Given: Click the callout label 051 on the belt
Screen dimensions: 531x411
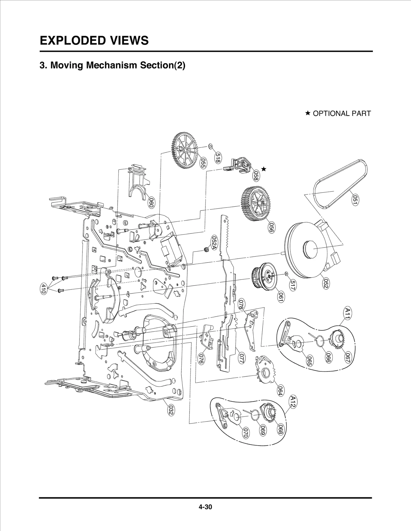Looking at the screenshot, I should point(355,200).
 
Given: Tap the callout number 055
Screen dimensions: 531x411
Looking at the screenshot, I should point(203,163).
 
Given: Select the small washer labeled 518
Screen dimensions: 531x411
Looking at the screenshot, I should point(210,146).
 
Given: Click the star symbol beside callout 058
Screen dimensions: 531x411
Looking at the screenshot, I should point(264,169).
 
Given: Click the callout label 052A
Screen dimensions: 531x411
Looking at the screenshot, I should point(214,243).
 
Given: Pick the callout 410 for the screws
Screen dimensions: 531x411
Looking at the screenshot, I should point(44,289).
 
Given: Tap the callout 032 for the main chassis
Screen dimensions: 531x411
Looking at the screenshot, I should point(171,410).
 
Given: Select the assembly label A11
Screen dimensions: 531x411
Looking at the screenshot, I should point(347,313).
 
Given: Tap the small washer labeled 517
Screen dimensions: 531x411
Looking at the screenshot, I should point(286,274).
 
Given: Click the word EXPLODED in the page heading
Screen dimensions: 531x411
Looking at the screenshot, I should point(71,41).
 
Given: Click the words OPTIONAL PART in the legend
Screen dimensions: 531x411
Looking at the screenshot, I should point(341,113).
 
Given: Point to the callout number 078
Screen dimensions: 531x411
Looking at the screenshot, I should point(242,304).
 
